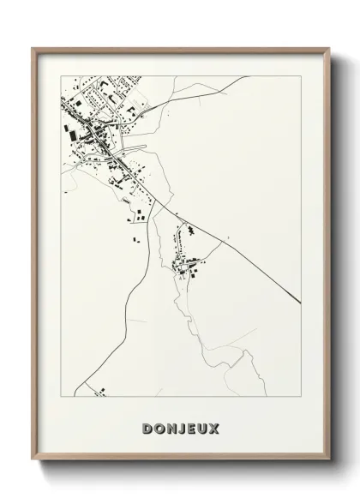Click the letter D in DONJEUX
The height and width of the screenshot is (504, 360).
pos(147,427)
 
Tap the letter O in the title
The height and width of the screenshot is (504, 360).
pos(159,427)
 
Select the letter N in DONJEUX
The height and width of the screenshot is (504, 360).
pos(171,427)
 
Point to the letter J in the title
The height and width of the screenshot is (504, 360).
pos(182,427)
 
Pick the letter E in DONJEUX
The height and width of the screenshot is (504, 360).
pos(192,427)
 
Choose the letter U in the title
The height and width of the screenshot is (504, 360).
pos(203,427)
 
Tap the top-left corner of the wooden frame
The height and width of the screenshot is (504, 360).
pos(33,48)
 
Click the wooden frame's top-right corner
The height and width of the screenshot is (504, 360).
pos(328,48)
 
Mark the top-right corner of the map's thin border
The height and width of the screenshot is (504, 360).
pos(301,75)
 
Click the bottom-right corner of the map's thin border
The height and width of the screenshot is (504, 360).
pos(301,396)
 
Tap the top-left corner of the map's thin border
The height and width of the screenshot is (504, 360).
pos(61,75)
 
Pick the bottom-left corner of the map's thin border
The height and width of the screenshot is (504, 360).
pos(61,396)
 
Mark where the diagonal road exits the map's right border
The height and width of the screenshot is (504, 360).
pos(301,302)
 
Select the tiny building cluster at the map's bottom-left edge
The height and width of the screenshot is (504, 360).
pos(100,392)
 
